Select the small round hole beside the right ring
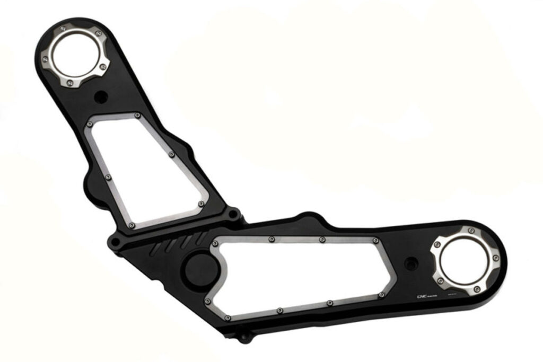pos(410,263)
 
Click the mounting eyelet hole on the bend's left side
pos(115,243)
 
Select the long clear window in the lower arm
pos(297,273)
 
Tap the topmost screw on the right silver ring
pos(471,231)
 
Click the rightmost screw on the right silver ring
pos(496,258)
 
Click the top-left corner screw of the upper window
pos(89,124)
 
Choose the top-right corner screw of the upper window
pos(137,115)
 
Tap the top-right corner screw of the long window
pos(375,241)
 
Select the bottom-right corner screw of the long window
pos(381,295)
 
